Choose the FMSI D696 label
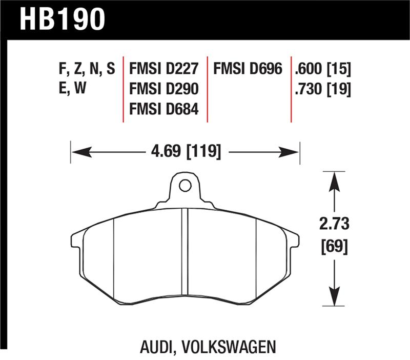248,69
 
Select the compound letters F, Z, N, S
84,69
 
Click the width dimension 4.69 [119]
185,152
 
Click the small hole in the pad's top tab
184,185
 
